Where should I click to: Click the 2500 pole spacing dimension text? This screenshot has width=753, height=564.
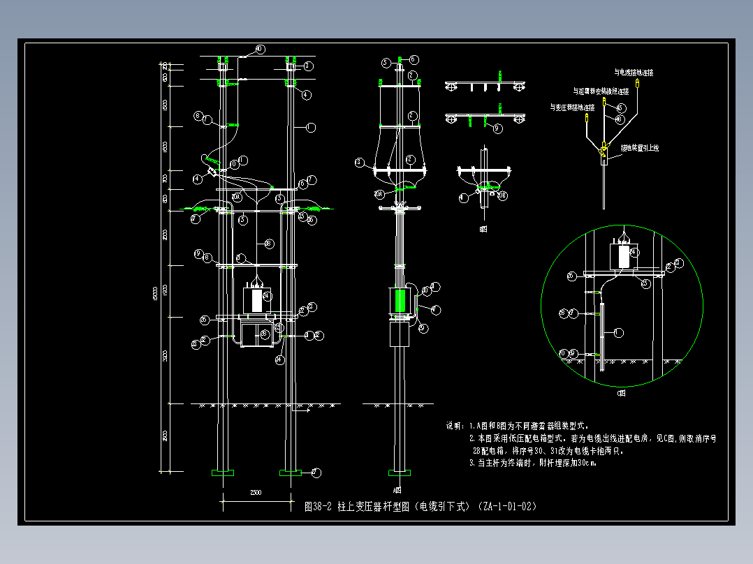[255, 493]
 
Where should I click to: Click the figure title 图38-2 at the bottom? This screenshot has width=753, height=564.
[319, 506]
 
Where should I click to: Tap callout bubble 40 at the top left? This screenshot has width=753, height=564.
[260, 49]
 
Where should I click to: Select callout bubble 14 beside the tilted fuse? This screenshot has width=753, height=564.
[198, 179]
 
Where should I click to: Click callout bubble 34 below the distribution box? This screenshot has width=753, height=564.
[279, 360]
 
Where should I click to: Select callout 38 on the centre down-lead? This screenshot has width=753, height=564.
[268, 243]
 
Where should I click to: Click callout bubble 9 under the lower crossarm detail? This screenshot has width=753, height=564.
[497, 128]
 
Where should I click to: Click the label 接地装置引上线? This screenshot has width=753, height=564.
[640, 148]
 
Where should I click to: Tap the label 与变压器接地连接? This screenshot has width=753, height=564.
[571, 107]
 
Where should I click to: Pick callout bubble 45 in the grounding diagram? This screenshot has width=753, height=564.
[621, 108]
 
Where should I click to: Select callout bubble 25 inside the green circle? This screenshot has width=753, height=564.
[645, 283]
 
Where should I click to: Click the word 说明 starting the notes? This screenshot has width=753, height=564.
[454, 426]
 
